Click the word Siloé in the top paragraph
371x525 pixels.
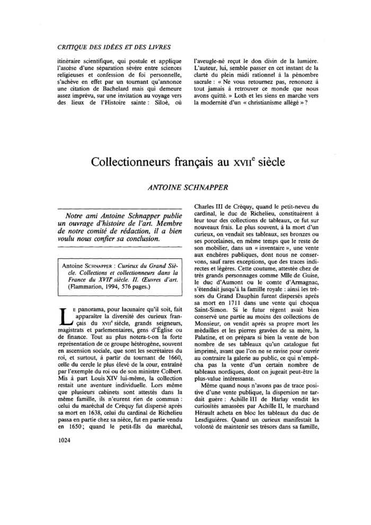pos(158,102)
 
